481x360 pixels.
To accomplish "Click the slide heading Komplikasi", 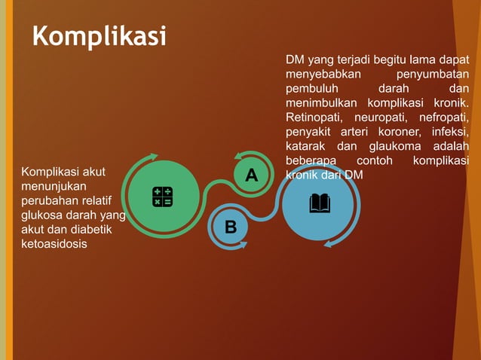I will [x=99, y=35].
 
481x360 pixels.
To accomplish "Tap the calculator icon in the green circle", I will [x=162, y=197].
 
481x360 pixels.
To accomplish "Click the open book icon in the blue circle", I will [x=320, y=203].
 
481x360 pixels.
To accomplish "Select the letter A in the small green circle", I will [x=251, y=175].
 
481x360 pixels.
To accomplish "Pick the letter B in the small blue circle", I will [x=231, y=227].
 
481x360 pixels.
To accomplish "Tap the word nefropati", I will [x=443, y=117].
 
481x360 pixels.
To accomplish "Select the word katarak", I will [x=306, y=147].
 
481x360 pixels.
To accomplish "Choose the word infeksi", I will [x=449, y=133].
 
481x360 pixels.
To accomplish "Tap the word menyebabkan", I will [x=323, y=75].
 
